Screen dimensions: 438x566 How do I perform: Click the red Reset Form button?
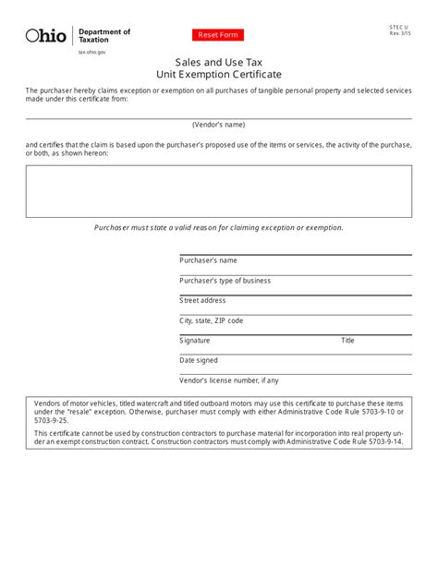[219, 35]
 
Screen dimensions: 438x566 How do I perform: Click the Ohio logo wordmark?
[46, 36]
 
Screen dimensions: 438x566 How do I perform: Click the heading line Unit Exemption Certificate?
[219, 74]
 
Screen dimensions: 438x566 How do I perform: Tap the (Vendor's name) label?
[219, 124]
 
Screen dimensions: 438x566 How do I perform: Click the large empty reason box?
[219, 191]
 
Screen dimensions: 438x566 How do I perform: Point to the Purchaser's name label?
[208, 260]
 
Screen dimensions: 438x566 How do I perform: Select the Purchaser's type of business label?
[225, 281]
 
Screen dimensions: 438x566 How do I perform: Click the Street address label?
[202, 300]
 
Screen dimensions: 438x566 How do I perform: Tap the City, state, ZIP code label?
[211, 320]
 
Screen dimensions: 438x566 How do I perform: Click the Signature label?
[195, 341]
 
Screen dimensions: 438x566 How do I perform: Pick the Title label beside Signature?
[348, 341]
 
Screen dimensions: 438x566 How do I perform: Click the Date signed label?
[199, 360]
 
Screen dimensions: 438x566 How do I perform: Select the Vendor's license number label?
[228, 380]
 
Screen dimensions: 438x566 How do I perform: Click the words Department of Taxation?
[103, 36]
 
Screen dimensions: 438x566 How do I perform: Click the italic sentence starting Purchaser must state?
[219, 227]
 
